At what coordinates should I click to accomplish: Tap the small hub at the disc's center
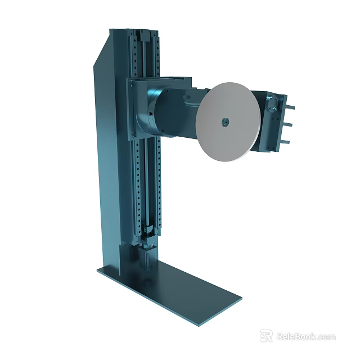pyautogui.click(x=224, y=121)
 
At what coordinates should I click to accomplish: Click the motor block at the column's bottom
pyautogui.click(x=147, y=259)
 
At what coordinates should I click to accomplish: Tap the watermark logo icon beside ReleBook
pyautogui.click(x=266, y=336)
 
